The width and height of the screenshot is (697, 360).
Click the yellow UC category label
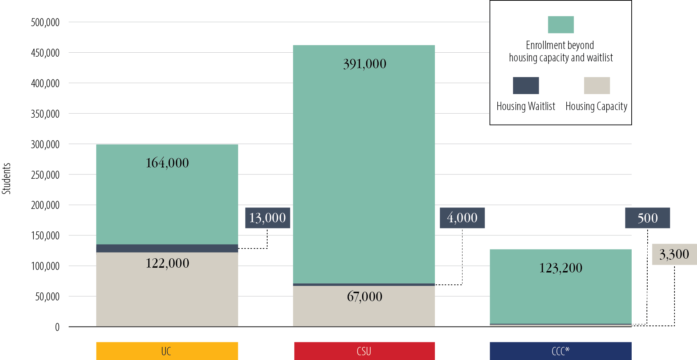(167, 351)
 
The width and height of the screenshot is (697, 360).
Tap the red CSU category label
(364, 351)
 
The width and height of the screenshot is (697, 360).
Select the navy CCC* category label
(561, 351)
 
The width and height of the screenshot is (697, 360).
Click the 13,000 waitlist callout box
(268, 218)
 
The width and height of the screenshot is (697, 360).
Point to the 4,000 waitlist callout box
(462, 218)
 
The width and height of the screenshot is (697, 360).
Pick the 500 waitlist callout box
(647, 218)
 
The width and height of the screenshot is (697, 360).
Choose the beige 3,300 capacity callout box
(674, 254)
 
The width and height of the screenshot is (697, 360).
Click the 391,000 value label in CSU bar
(364, 64)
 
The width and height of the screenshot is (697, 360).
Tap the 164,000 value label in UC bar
(167, 163)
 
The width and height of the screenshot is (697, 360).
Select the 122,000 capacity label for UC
(167, 263)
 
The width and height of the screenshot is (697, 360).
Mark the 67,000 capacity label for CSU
(364, 296)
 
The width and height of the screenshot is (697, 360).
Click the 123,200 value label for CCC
(561, 268)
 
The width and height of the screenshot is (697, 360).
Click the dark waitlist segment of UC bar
(167, 248)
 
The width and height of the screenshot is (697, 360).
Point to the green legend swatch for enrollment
(561, 25)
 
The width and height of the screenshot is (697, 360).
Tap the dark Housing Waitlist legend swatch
(526, 85)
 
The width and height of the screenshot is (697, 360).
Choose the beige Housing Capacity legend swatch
(596, 85)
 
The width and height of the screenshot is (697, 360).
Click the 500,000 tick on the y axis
(45, 23)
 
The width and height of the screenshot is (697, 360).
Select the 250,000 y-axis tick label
(45, 175)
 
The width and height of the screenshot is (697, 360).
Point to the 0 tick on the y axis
(57, 327)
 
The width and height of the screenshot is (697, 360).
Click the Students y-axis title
(7, 178)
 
